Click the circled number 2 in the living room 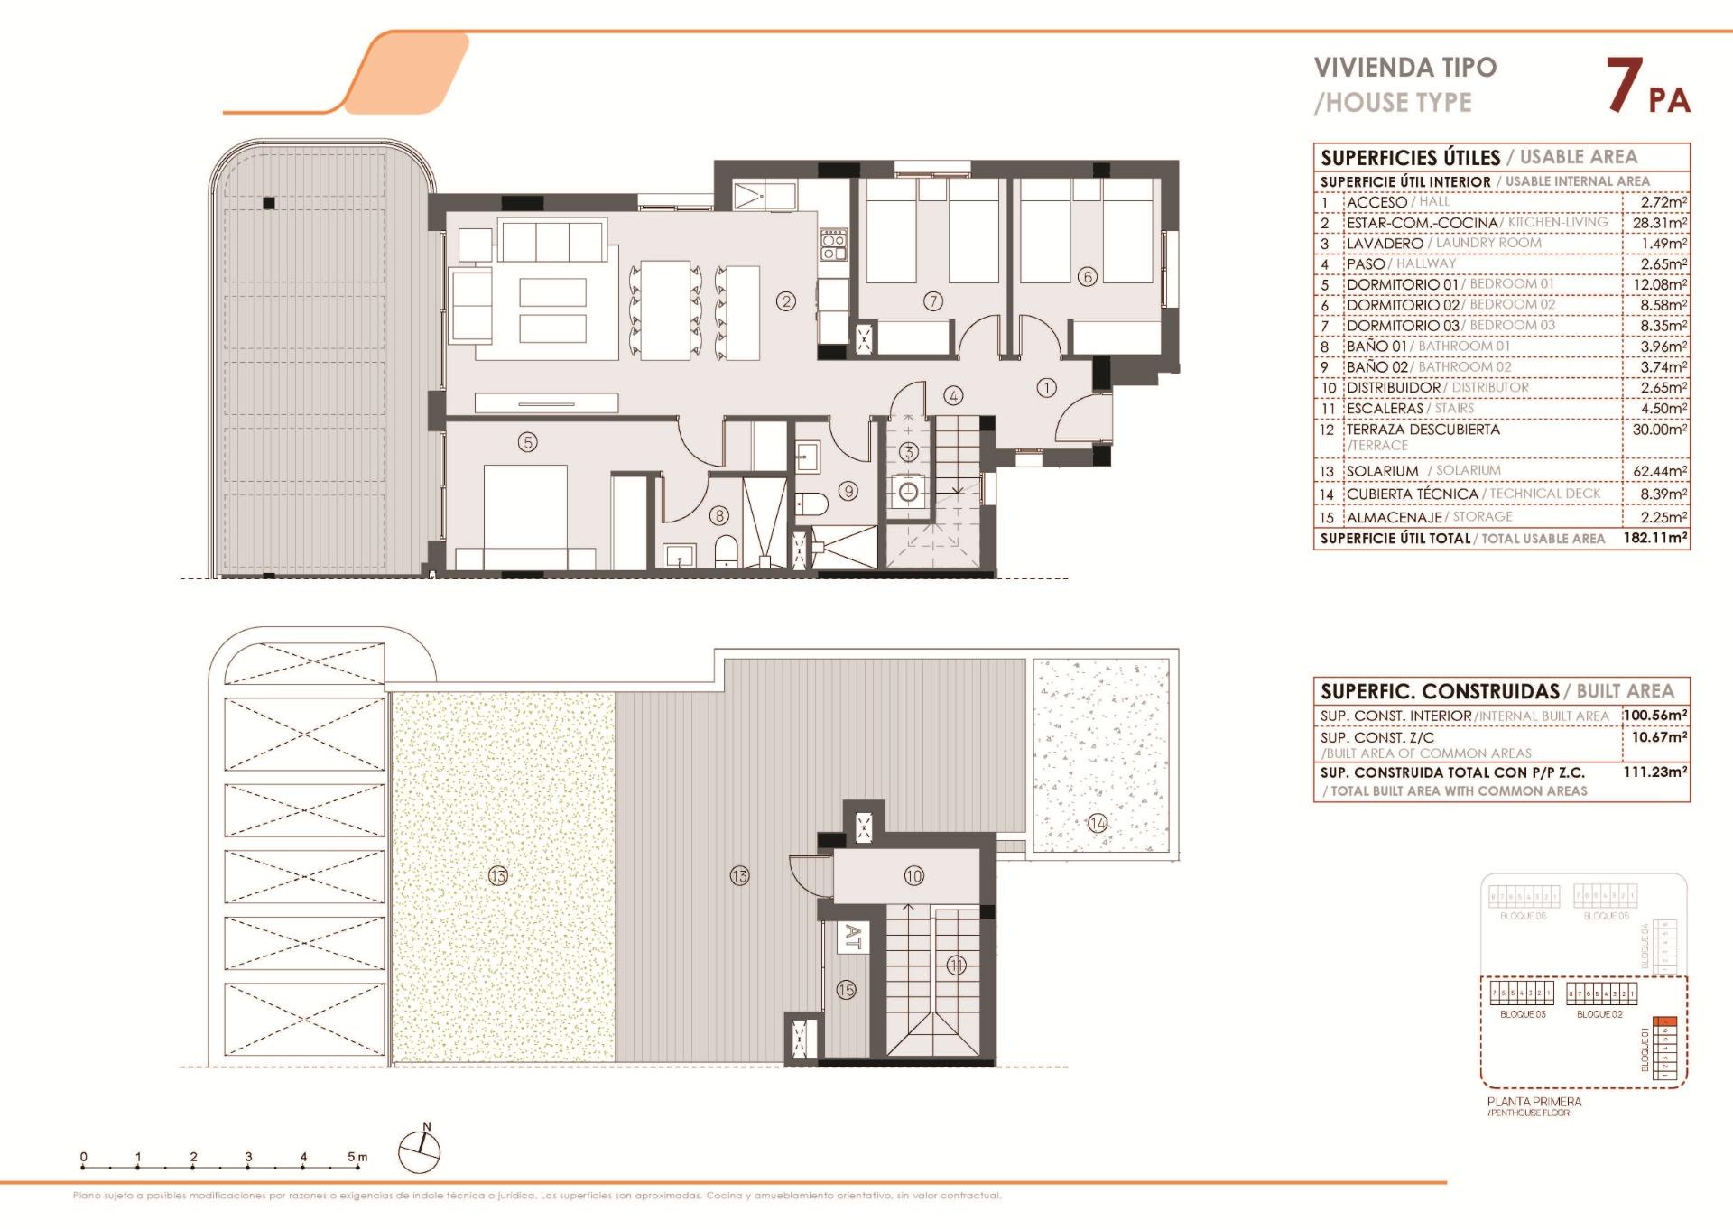coord(786,301)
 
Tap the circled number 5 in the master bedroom coord(528,441)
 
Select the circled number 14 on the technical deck coord(1097,822)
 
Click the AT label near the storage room coord(850,937)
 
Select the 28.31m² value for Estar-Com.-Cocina coord(1659,223)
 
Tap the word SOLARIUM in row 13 coord(1383,471)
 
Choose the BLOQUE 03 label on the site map coord(1523,1014)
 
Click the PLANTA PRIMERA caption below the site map coord(1534,1102)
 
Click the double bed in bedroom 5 coord(525,510)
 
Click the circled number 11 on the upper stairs coord(956,966)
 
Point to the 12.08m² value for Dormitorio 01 coord(1659,285)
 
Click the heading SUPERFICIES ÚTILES coord(1410,158)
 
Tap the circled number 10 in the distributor coord(913,875)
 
